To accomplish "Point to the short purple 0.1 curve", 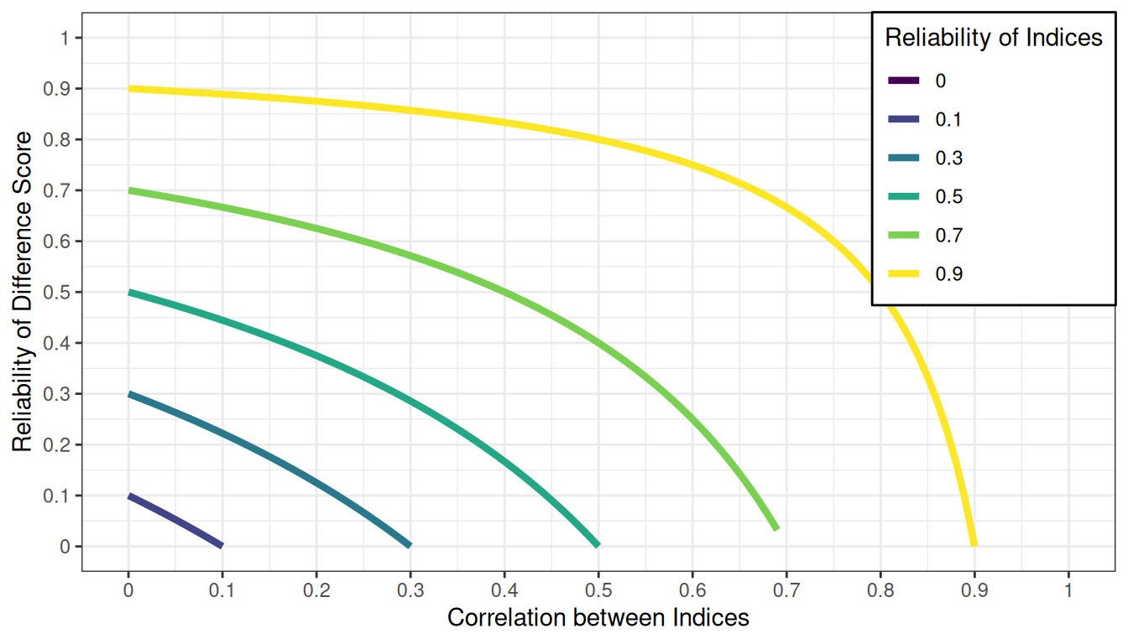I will (175, 521).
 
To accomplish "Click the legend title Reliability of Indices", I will (994, 38).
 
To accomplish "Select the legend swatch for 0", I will (904, 80).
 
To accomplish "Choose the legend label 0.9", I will (949, 273).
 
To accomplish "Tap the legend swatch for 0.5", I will (904, 196).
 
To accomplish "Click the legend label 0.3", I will (949, 158).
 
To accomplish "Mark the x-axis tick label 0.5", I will (598, 589).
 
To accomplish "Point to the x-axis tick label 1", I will (1068, 589).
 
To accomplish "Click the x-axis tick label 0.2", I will (316, 589).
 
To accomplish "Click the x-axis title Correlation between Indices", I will (598, 618).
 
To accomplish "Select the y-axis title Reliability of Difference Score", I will (23, 292).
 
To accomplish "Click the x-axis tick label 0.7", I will (786, 589).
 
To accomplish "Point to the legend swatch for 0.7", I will (904, 235).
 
